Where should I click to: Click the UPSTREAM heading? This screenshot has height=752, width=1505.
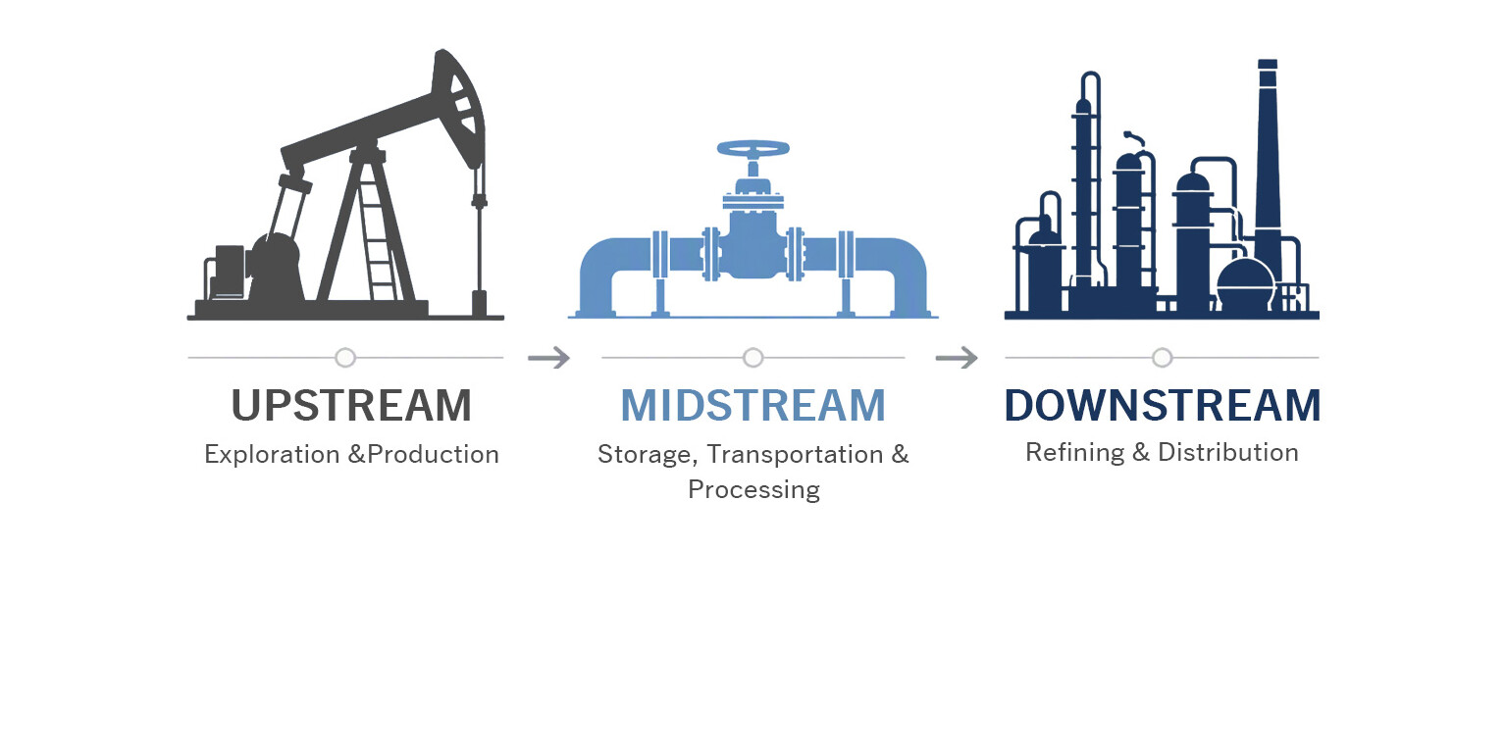(351, 406)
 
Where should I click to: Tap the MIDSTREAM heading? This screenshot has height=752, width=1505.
(753, 406)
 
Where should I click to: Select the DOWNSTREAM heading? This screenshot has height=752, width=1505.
(1163, 406)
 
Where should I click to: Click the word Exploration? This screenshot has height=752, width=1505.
(272, 455)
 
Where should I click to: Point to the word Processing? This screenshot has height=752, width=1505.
(753, 490)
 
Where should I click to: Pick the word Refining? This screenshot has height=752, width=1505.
(1075, 453)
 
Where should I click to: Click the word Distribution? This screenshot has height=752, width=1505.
(1228, 453)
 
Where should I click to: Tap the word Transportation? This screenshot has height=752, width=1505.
(795, 455)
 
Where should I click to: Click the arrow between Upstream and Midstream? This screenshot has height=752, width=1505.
(548, 358)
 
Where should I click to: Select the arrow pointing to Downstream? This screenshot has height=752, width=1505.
(957, 358)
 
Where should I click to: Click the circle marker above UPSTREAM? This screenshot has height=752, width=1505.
(345, 358)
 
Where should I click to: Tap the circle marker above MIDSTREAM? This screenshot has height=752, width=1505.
(753, 358)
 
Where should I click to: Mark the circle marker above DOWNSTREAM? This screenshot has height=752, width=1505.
(1163, 358)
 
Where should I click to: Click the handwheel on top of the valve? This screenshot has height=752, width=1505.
(753, 148)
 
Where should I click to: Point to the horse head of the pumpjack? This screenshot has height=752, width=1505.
(459, 108)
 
